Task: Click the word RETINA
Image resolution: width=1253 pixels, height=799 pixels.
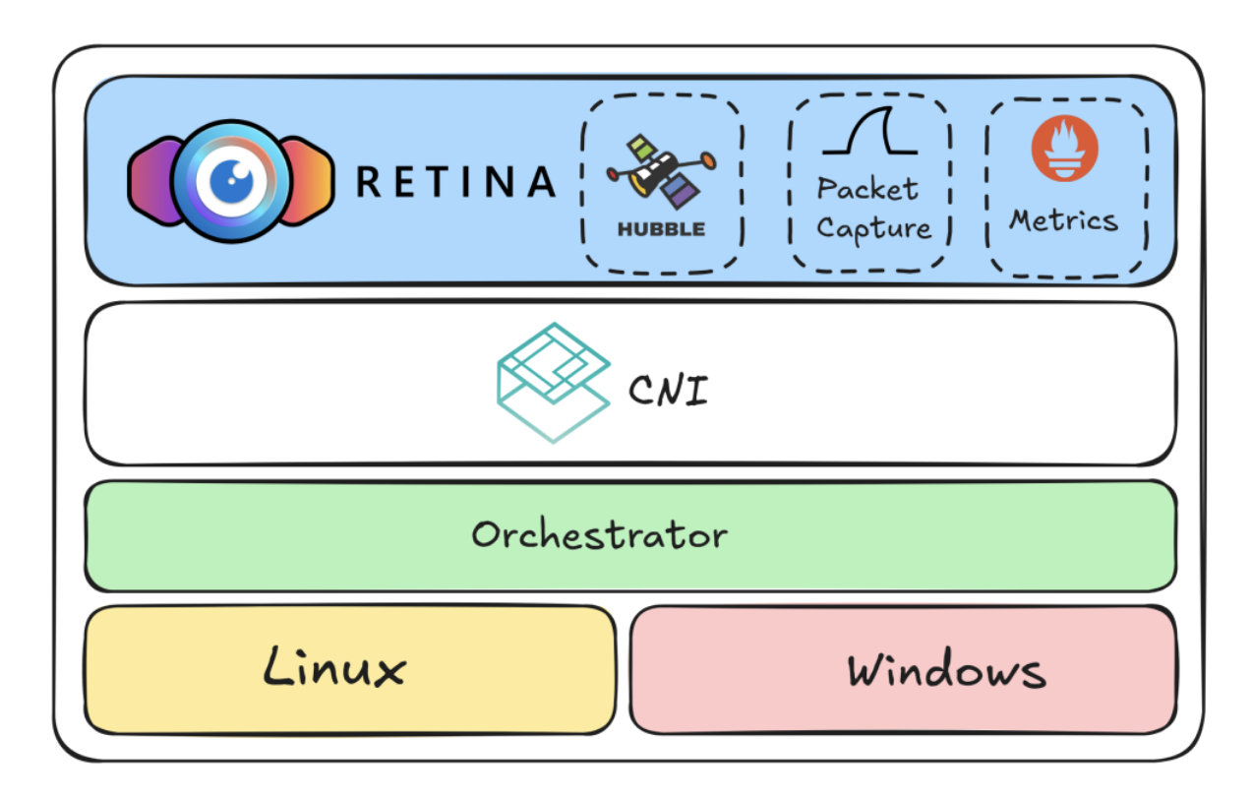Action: pos(455,182)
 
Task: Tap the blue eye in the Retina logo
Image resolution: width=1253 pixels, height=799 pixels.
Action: pos(233,181)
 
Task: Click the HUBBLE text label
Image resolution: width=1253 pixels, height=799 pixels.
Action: pos(661,229)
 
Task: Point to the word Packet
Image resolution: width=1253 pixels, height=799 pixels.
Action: pos(867,189)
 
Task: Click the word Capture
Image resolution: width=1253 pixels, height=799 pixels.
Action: pos(872,228)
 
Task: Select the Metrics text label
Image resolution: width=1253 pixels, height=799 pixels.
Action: pos(1064,219)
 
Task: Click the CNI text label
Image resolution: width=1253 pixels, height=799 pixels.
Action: pos(668,392)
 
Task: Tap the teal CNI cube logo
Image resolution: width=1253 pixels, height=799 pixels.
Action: pos(552,382)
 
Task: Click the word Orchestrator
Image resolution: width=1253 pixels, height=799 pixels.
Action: pos(599,535)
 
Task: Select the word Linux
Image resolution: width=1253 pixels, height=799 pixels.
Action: pos(333,668)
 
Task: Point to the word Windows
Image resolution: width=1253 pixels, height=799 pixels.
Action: pos(946,671)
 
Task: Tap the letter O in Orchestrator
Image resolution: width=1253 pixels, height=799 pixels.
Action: pos(485,536)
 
